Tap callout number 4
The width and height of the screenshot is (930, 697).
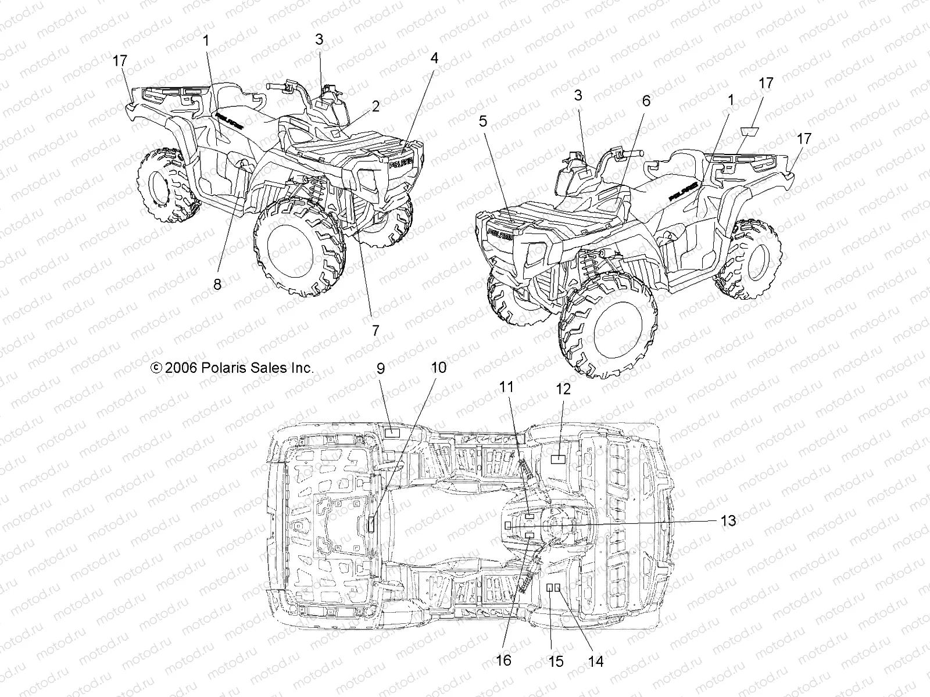(x=434, y=58)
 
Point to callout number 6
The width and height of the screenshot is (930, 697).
(x=646, y=100)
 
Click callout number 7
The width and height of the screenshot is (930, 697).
(x=375, y=330)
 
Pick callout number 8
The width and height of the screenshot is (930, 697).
(x=217, y=284)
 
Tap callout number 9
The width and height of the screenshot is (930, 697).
(x=381, y=368)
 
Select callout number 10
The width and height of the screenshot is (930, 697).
(x=439, y=368)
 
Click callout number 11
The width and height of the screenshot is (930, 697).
(x=507, y=387)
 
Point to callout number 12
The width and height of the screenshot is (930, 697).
(x=563, y=389)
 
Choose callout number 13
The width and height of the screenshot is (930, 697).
(x=728, y=520)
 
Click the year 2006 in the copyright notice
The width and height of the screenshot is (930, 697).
(x=183, y=368)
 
